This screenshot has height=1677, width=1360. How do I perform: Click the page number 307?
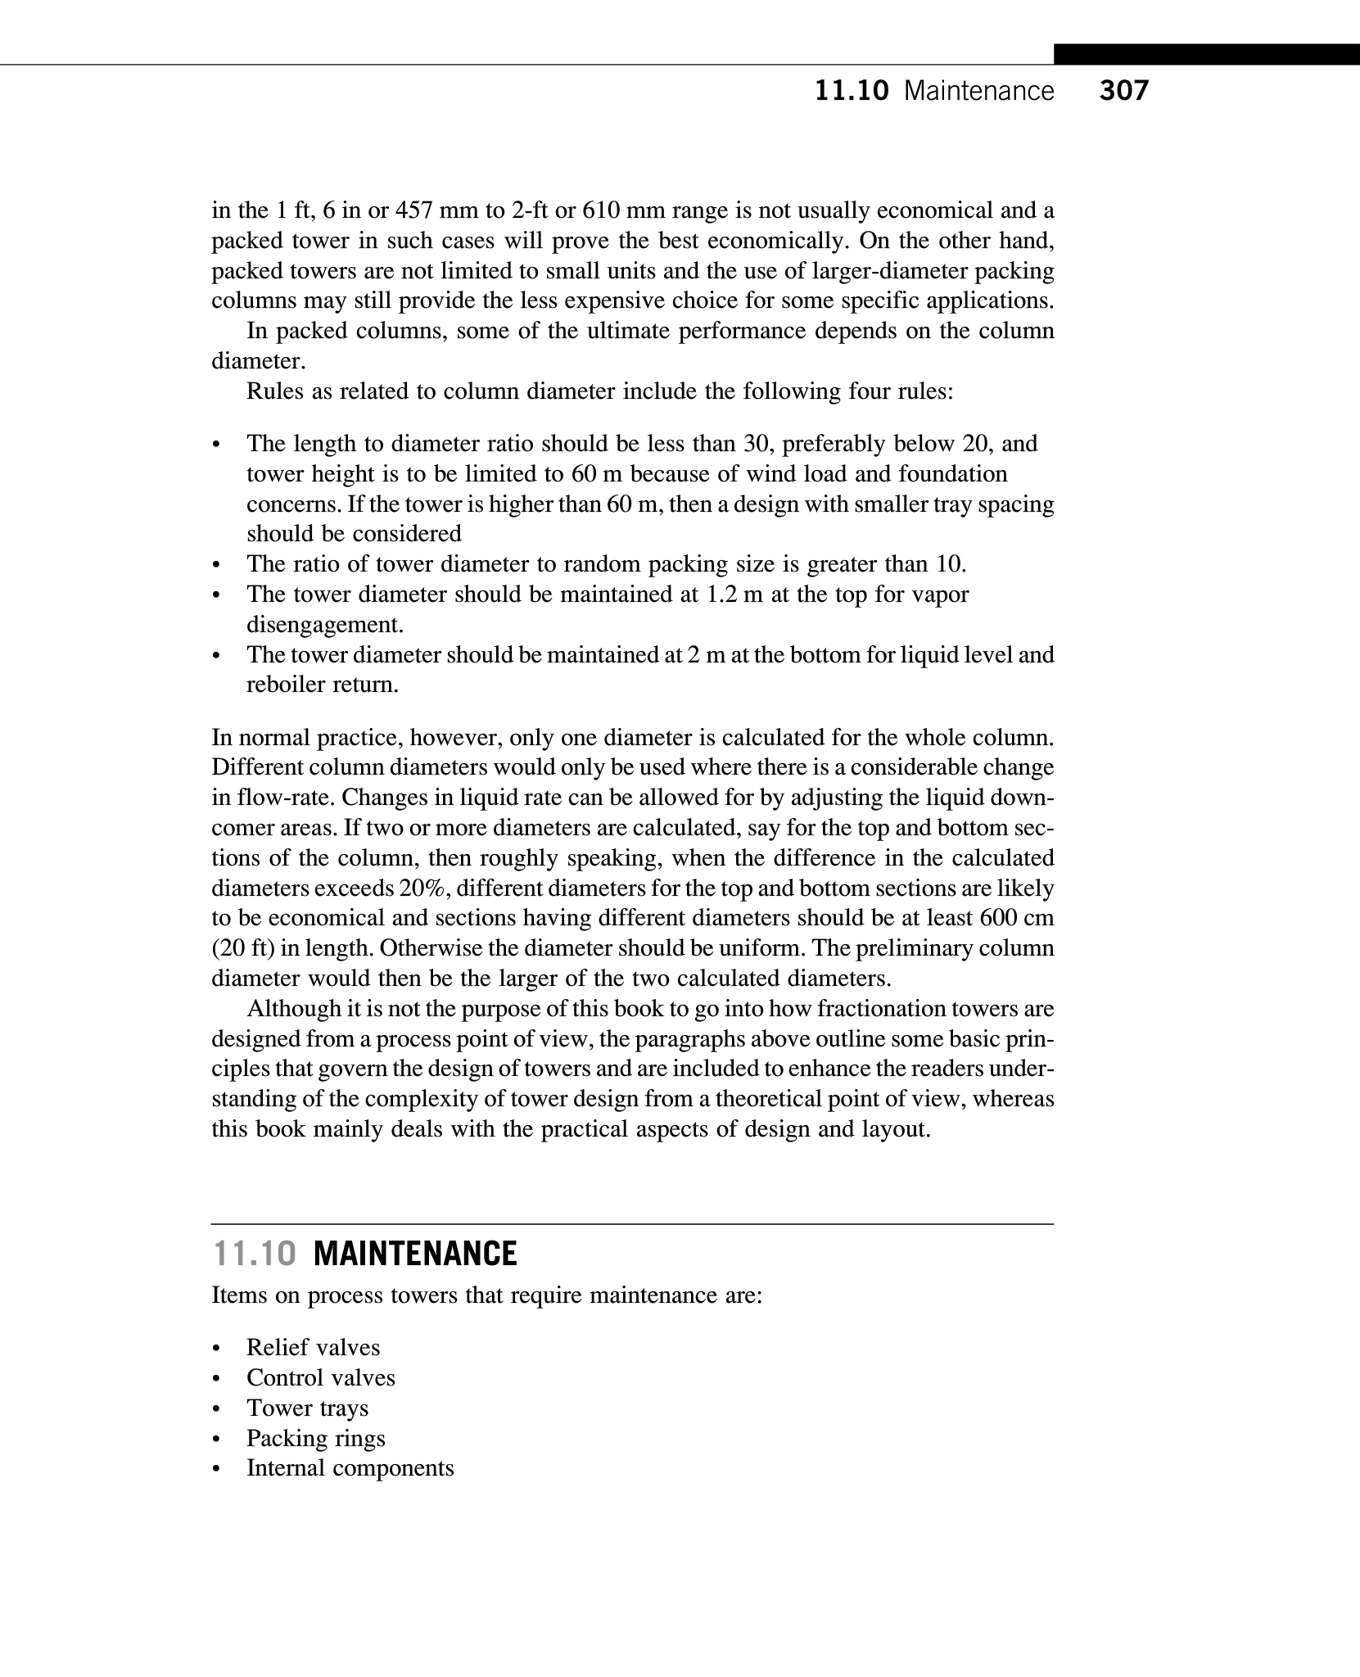point(1123,91)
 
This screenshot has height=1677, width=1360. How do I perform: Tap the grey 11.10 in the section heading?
point(253,1254)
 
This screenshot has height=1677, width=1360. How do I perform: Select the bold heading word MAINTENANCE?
point(415,1254)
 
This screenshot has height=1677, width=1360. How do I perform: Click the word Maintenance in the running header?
point(979,91)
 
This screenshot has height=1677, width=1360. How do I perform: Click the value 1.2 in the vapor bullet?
point(721,594)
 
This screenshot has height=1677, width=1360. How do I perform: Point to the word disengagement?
point(326,625)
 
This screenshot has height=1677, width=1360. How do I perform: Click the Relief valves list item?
point(313,1348)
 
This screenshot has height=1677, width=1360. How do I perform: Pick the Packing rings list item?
point(315,1438)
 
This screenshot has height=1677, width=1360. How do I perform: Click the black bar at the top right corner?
point(1206,55)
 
